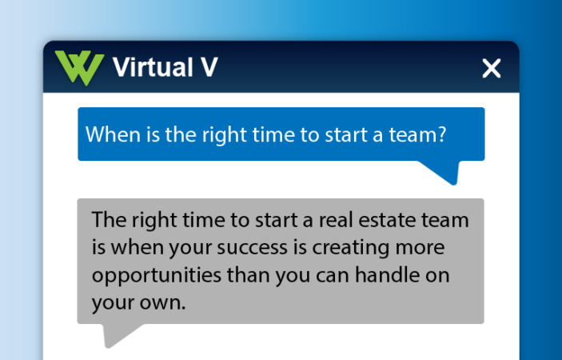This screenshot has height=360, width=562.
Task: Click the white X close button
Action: point(491,69)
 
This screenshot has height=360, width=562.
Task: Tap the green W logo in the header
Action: point(79,68)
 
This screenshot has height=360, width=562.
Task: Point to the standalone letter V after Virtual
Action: point(206,68)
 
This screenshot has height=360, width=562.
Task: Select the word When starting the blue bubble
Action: point(110,134)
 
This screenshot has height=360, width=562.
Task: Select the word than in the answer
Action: point(250,276)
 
